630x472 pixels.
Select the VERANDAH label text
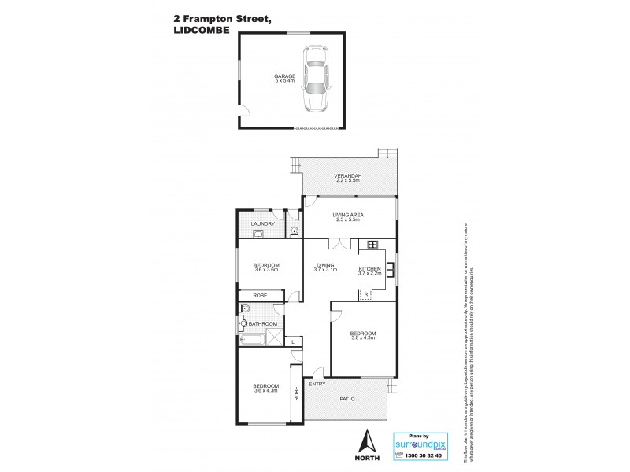[x=347, y=175]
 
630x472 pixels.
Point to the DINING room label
[x=325, y=265]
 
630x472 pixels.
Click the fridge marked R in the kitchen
[x=365, y=294]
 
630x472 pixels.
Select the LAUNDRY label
[x=262, y=224]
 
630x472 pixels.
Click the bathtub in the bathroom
[x=252, y=341]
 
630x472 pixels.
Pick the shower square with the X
[x=274, y=338]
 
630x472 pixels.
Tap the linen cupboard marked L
[x=292, y=341]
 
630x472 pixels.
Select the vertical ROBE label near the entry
[x=297, y=393]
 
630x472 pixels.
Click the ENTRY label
[x=317, y=384]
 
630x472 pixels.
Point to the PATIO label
[x=347, y=400]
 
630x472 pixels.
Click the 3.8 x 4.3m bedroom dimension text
[x=364, y=338]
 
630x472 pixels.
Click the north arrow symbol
[x=365, y=441]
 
